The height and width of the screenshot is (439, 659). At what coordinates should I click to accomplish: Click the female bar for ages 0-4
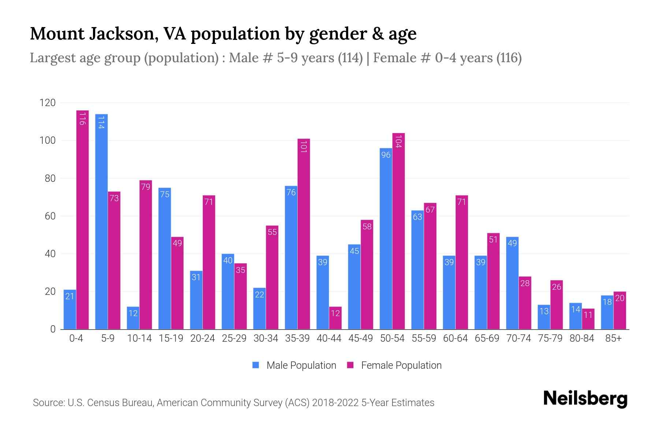[x=82, y=219]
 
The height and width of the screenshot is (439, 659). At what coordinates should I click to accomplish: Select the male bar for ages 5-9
[x=101, y=222]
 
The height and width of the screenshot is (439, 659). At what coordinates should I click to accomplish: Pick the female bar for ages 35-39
[x=304, y=234]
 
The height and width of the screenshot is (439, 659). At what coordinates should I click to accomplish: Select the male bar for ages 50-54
[x=386, y=238]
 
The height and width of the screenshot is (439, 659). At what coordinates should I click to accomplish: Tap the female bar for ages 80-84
[x=588, y=319]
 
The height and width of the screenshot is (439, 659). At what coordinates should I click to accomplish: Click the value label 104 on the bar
[x=399, y=141]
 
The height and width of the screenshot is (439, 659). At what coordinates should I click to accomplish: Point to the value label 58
[x=367, y=226]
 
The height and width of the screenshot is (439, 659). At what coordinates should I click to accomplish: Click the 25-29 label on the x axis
[x=234, y=338]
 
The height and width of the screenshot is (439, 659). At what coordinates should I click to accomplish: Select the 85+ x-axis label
[x=613, y=338]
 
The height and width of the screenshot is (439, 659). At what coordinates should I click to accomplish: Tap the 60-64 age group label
[x=455, y=338]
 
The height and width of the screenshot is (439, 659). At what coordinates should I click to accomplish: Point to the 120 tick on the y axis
[x=48, y=103]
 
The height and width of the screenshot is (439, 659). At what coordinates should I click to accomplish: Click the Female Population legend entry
[x=394, y=365]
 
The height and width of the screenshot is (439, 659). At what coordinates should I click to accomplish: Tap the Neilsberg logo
[x=585, y=399]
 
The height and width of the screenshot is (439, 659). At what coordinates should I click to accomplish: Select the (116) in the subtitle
[x=509, y=58]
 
